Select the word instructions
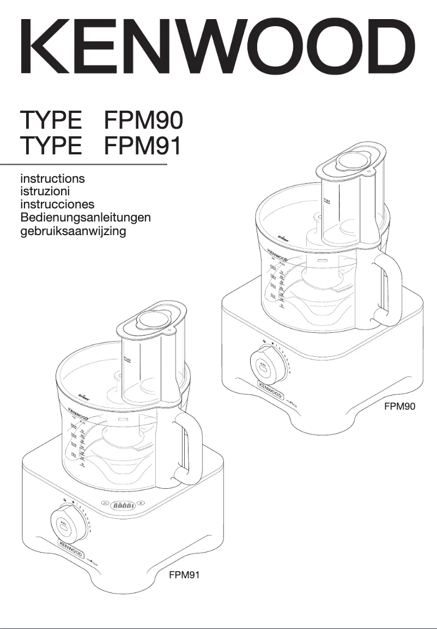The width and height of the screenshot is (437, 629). coord(52,178)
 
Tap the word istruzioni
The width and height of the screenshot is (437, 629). coord(45,191)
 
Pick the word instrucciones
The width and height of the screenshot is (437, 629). coord(57,205)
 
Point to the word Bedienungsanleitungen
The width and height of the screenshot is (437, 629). coord(85,218)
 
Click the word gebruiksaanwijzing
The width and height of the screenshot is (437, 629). coord(73,231)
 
